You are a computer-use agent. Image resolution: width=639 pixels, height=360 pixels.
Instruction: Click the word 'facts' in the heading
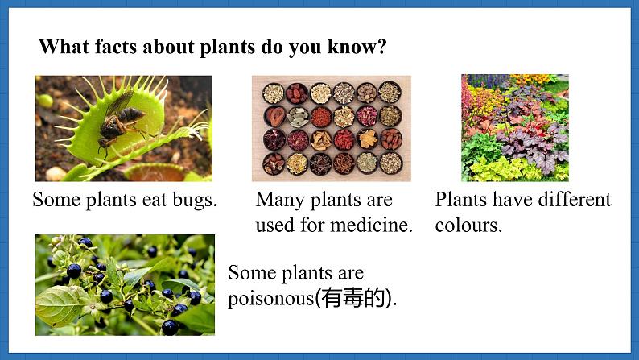click(116, 47)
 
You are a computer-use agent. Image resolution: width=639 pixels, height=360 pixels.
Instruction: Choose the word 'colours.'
click(468, 225)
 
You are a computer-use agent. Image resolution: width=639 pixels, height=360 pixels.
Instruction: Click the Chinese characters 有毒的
click(353, 298)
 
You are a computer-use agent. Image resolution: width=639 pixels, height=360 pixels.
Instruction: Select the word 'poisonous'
click(271, 299)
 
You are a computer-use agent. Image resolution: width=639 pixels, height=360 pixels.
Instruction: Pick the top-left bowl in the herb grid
click(273, 93)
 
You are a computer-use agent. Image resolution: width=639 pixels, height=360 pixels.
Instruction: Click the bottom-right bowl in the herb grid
click(391, 163)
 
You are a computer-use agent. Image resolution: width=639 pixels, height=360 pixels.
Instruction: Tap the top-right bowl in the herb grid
click(390, 92)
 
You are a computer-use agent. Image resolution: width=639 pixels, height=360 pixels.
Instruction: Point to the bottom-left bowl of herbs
click(274, 164)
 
